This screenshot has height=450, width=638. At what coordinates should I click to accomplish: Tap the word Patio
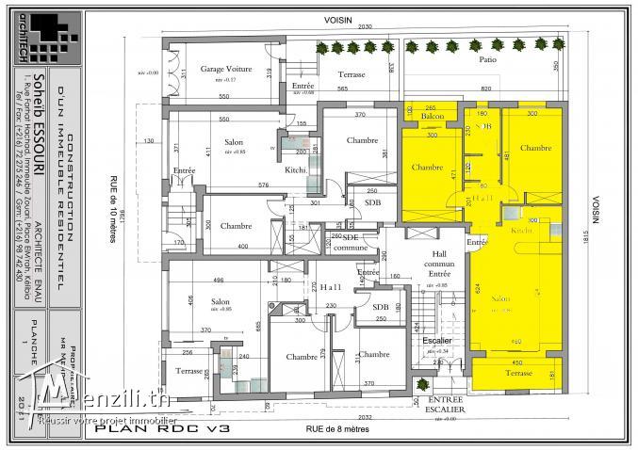click(488, 58)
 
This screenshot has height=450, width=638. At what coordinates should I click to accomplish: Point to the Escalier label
click(436, 341)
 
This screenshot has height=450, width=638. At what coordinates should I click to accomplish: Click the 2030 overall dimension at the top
click(365, 28)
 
